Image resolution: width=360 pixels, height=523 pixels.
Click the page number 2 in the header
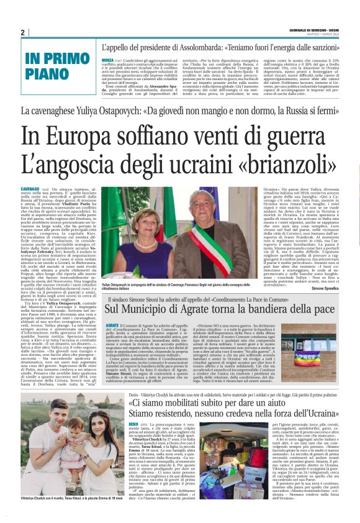[x=22, y=32]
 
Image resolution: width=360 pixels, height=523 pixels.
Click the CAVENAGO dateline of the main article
[x=30, y=188]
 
